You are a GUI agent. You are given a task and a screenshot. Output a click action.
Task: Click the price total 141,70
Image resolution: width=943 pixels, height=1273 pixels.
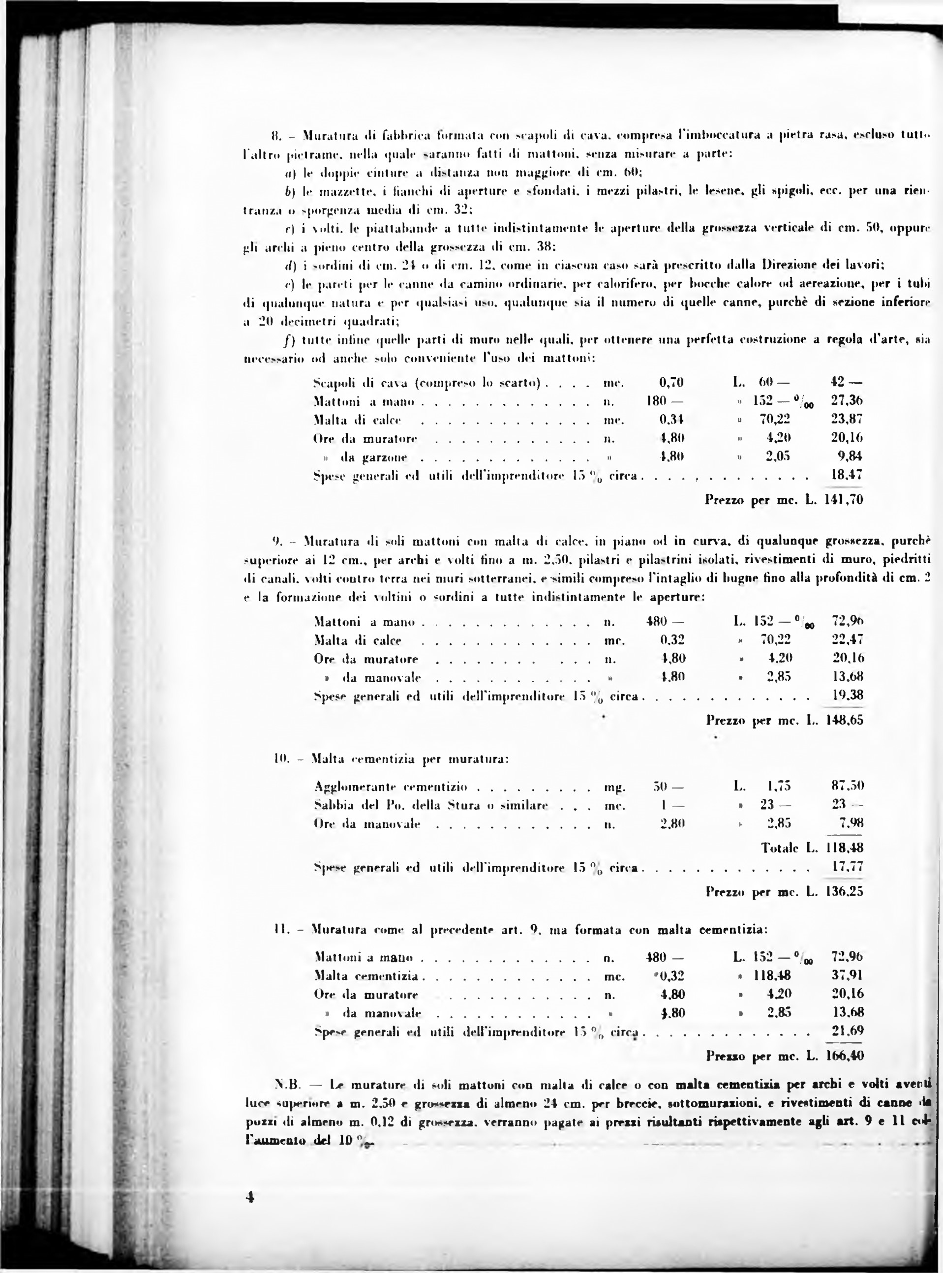[x=844, y=500]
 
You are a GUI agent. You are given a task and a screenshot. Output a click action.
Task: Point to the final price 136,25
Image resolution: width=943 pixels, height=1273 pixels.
[x=844, y=891]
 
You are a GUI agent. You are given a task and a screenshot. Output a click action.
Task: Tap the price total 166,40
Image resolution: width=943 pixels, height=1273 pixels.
[x=844, y=1056]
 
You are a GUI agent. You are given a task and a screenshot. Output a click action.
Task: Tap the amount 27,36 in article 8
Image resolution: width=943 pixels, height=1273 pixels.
[x=847, y=401]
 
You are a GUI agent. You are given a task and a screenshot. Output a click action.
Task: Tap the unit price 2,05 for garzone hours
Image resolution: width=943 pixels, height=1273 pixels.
[x=777, y=456]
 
